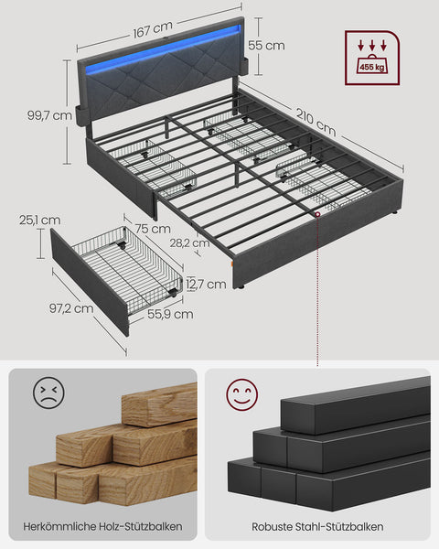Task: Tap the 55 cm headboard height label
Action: coord(266,45)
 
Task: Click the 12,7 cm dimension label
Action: coord(207,285)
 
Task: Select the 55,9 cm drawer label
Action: coord(169,314)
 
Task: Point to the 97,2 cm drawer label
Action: coord(71,308)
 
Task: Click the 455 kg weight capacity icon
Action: coord(370,57)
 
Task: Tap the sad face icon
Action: coord(48,393)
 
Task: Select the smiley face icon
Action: coord(242,396)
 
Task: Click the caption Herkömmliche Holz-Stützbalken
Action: coord(103,527)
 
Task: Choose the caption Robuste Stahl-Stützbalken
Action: coord(316,527)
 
